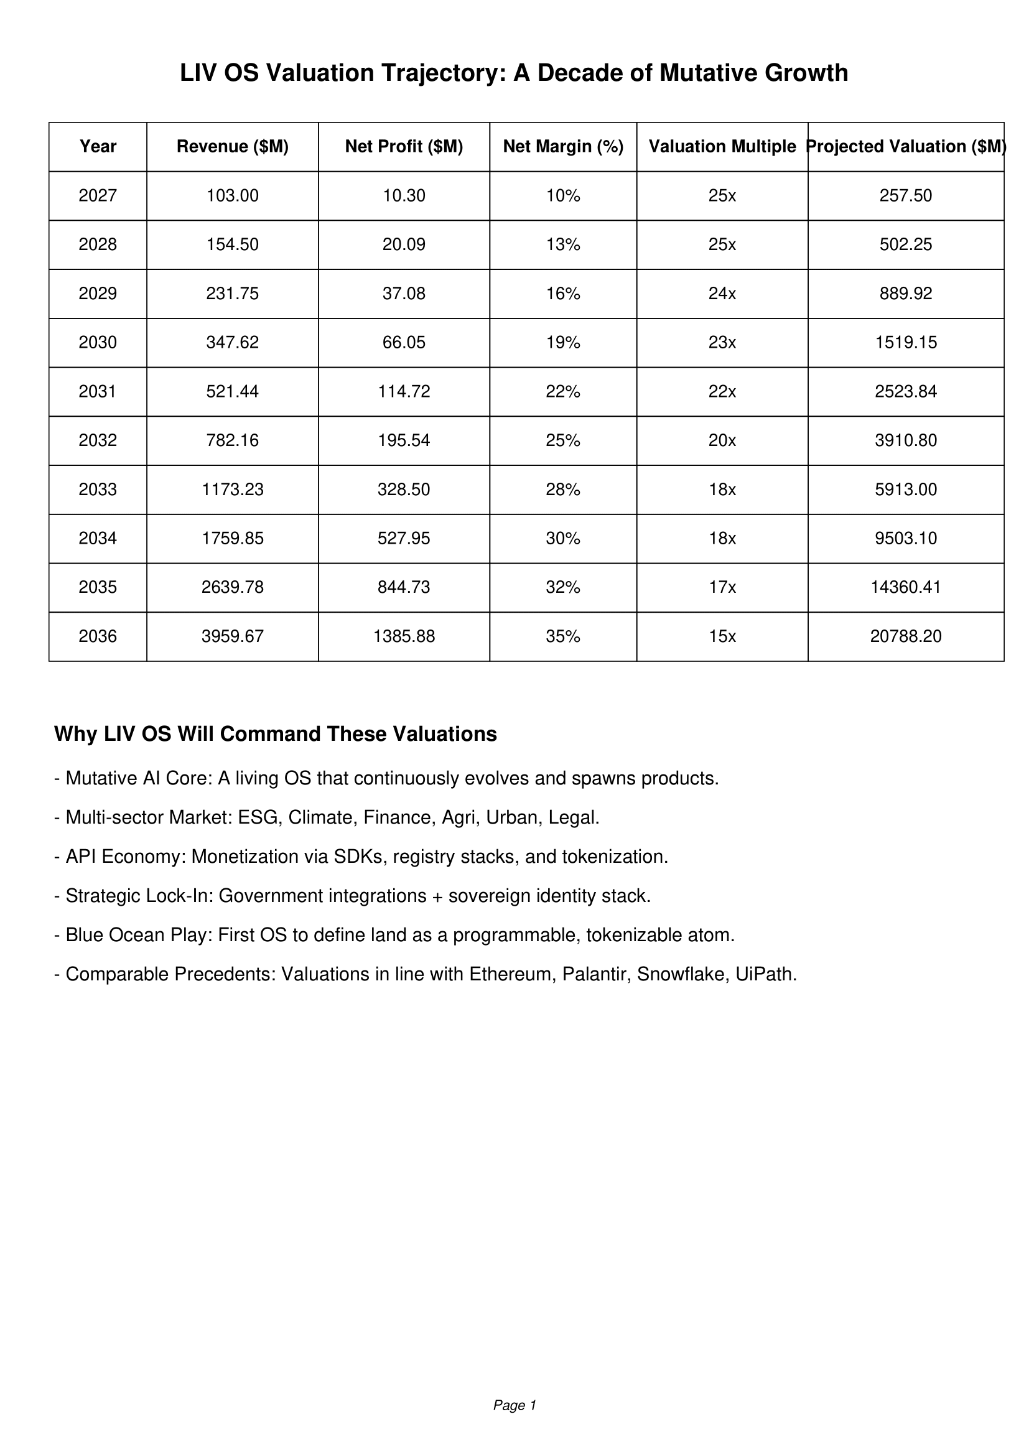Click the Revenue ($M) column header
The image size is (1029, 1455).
coord(233,146)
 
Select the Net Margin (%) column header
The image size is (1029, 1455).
coord(562,146)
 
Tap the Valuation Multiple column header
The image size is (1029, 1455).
coord(722,146)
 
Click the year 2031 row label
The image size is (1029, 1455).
coord(98,392)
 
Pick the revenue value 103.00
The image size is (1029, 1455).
coord(233,195)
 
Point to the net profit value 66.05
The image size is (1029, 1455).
coord(404,342)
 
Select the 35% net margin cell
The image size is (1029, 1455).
coord(562,636)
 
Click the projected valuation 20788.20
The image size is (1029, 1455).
coord(905,636)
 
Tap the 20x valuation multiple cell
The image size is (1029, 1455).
coord(722,440)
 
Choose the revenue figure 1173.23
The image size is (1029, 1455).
coord(233,489)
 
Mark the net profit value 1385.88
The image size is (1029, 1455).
coord(404,636)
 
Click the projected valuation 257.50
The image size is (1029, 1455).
coord(905,195)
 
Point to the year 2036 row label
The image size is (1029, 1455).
coord(98,636)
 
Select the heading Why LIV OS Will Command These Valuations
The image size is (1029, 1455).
coord(276,734)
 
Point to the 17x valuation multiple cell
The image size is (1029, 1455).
coord(722,587)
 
